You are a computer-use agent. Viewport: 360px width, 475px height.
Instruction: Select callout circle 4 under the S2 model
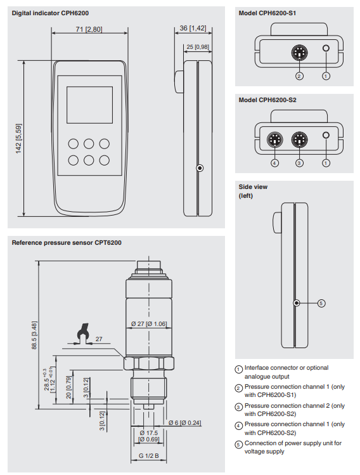click(x=274, y=162)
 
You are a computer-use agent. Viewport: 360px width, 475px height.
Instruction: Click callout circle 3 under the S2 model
click(x=300, y=162)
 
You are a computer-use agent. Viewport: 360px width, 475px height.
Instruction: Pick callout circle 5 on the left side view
click(x=321, y=303)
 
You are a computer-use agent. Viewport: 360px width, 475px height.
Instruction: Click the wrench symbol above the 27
click(x=80, y=332)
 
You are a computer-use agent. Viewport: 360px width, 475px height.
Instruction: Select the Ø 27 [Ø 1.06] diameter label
click(x=149, y=324)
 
